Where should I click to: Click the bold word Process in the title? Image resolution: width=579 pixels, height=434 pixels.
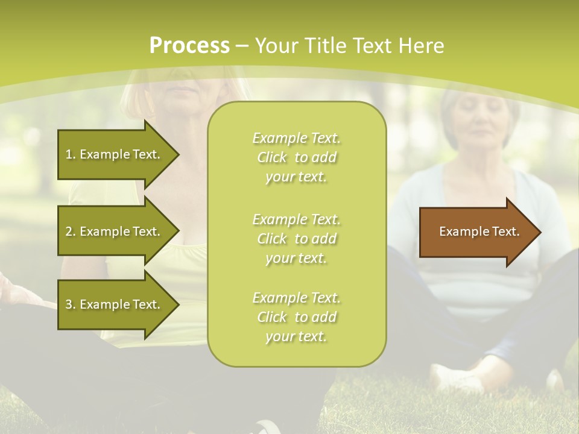tap(189, 45)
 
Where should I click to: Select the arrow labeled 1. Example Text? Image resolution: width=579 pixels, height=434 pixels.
tap(113, 154)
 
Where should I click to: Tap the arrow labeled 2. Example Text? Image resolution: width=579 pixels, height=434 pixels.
tap(113, 231)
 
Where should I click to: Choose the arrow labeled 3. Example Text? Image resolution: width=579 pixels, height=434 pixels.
tap(113, 304)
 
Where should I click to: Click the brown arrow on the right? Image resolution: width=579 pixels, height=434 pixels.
tap(476, 231)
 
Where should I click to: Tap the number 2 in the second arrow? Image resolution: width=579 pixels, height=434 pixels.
tap(69, 231)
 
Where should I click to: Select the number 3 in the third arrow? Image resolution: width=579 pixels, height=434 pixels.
tap(69, 304)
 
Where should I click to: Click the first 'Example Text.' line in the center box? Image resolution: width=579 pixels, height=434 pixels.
tap(296, 138)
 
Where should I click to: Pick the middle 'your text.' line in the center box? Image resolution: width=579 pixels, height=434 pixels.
tap(296, 258)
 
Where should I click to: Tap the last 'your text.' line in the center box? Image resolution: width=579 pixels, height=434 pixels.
tap(296, 336)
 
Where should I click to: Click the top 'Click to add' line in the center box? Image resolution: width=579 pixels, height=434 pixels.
tap(296, 157)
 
